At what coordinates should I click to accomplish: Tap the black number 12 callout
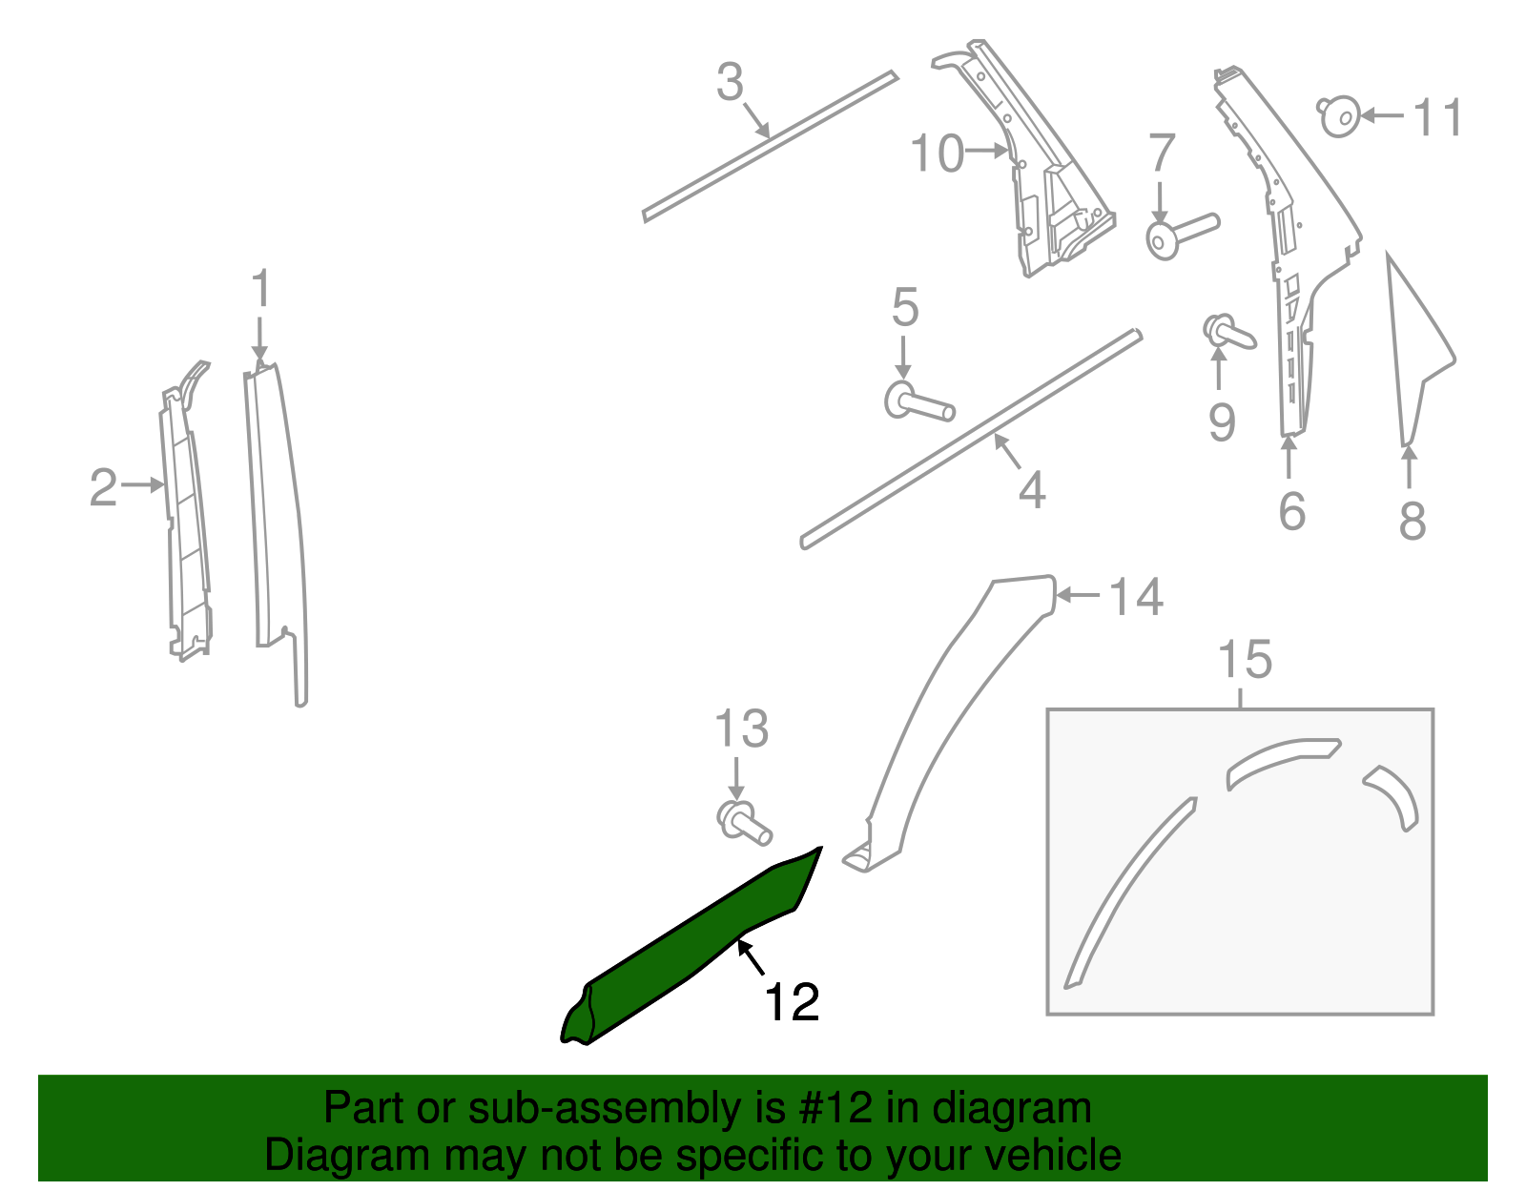[x=792, y=1002]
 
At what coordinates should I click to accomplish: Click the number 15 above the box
[x=1245, y=660]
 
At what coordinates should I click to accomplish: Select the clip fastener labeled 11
[x=1340, y=116]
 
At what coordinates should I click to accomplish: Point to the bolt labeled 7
[x=1178, y=235]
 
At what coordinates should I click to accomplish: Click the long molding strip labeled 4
[x=970, y=441]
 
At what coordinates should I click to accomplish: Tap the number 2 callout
[x=102, y=487]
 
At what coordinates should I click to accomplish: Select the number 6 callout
[x=1291, y=512]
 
